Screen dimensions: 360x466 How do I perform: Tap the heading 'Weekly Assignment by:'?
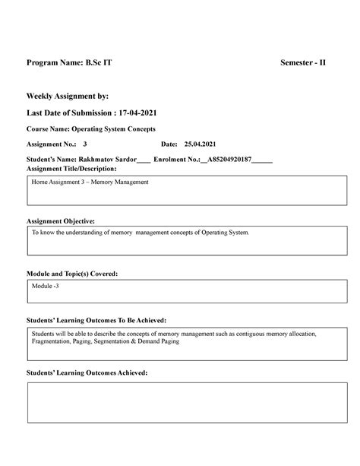click(x=68, y=97)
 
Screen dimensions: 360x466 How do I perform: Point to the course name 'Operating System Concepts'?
click(x=114, y=129)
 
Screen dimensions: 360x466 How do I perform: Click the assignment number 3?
click(x=85, y=144)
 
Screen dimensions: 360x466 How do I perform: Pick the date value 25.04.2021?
click(x=201, y=144)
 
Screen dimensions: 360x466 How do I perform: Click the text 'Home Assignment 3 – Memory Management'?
click(x=90, y=183)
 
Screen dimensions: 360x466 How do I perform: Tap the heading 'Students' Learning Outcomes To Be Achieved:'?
click(x=96, y=321)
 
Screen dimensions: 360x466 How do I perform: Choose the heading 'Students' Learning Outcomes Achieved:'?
click(x=87, y=373)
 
